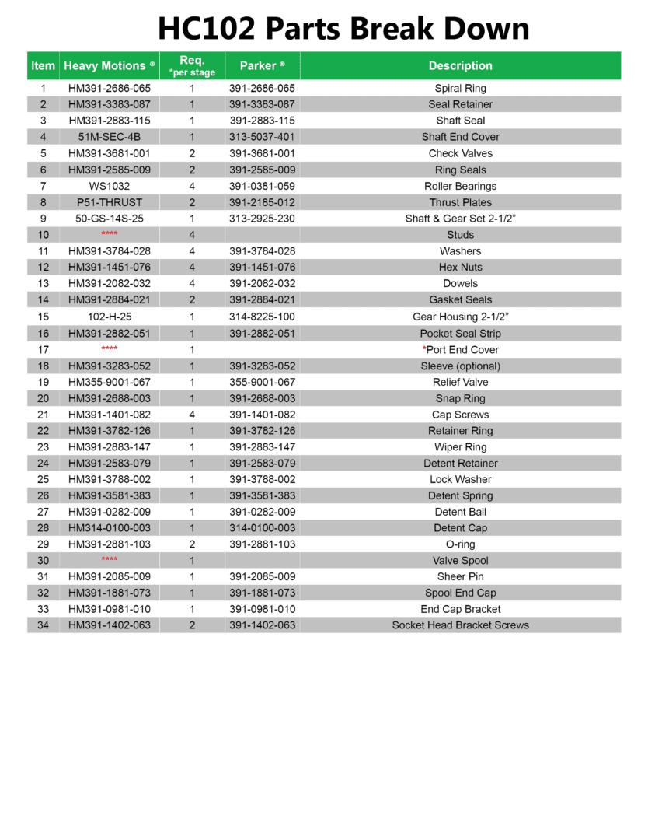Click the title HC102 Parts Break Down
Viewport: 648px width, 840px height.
point(343,29)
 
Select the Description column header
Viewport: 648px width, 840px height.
point(460,66)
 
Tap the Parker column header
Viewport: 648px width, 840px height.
point(262,66)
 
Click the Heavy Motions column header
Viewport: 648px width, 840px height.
point(109,66)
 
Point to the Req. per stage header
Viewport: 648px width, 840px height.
point(192,66)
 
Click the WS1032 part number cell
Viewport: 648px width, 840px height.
point(109,186)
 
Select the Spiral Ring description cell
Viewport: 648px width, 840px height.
point(460,89)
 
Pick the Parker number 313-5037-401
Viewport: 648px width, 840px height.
point(262,137)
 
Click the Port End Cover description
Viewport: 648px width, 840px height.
point(460,350)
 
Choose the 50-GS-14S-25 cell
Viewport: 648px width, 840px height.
point(109,219)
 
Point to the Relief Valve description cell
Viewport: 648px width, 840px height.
point(460,382)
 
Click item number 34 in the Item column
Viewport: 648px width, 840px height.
point(43,625)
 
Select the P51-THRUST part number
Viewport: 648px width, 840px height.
point(109,202)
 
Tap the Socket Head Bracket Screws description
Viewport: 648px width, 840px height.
point(460,625)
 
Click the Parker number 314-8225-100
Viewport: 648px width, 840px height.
point(262,317)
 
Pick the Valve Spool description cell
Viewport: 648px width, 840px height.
point(460,560)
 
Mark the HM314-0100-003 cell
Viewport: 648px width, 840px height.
point(109,528)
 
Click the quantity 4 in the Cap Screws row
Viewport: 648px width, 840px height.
point(192,415)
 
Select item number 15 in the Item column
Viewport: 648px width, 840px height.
point(43,317)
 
